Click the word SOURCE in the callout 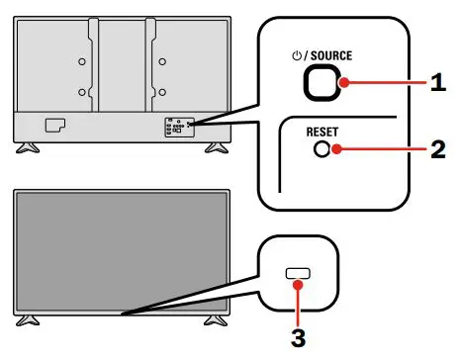332,56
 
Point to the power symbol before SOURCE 294,56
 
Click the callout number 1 437,85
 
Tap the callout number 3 298,336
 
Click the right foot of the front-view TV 212,321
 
